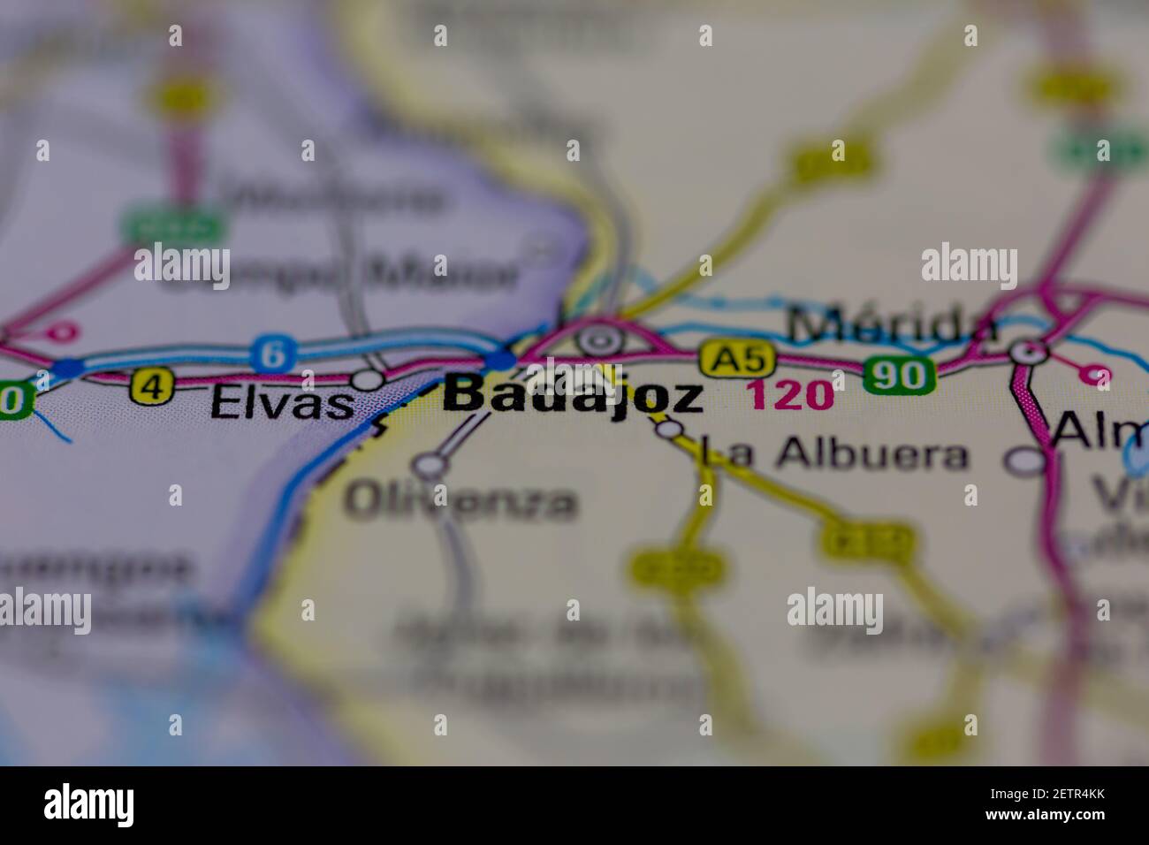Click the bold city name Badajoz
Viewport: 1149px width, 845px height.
pyautogui.click(x=574, y=396)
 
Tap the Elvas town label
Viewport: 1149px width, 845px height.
pyautogui.click(x=282, y=405)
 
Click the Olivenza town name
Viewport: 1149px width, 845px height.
pyautogui.click(x=460, y=502)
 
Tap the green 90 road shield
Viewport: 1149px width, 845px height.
pyautogui.click(x=899, y=376)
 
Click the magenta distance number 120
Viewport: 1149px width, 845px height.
pyautogui.click(x=790, y=395)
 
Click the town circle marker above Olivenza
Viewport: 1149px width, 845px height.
pyautogui.click(x=430, y=463)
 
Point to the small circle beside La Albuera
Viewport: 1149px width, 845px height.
pyautogui.click(x=671, y=430)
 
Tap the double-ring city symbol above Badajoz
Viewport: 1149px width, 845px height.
pyautogui.click(x=600, y=339)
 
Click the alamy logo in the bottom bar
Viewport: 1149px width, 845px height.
pyautogui.click(x=88, y=805)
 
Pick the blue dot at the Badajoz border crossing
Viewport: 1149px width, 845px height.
pyautogui.click(x=499, y=361)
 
